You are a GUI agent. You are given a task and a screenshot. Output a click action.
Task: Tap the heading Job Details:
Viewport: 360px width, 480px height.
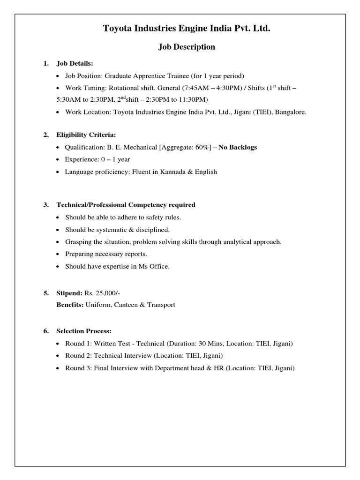pyautogui.click(x=75, y=63)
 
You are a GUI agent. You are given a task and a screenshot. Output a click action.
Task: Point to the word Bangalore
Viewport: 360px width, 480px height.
pyautogui.click(x=290, y=112)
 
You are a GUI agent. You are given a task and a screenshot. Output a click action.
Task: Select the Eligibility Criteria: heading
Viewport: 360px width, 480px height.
pyautogui.click(x=86, y=135)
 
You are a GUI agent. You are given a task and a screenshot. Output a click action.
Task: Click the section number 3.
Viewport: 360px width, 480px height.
pyautogui.click(x=46, y=205)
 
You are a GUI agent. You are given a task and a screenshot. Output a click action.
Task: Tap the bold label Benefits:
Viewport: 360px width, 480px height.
pyautogui.click(x=70, y=305)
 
